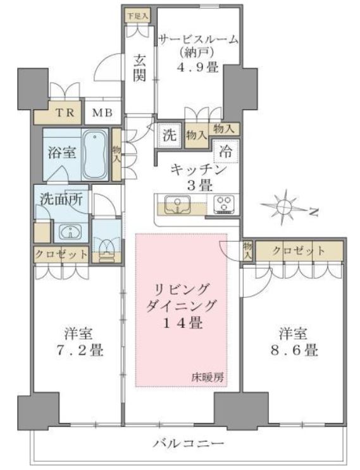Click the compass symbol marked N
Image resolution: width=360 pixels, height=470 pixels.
pyautogui.click(x=285, y=206)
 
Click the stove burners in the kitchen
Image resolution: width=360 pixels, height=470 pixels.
pyautogui.click(x=223, y=204)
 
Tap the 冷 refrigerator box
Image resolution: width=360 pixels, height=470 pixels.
pyautogui.click(x=225, y=151)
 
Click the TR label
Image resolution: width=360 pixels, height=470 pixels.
pyautogui.click(x=65, y=113)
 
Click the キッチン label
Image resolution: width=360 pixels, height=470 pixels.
pyautogui.click(x=199, y=170)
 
